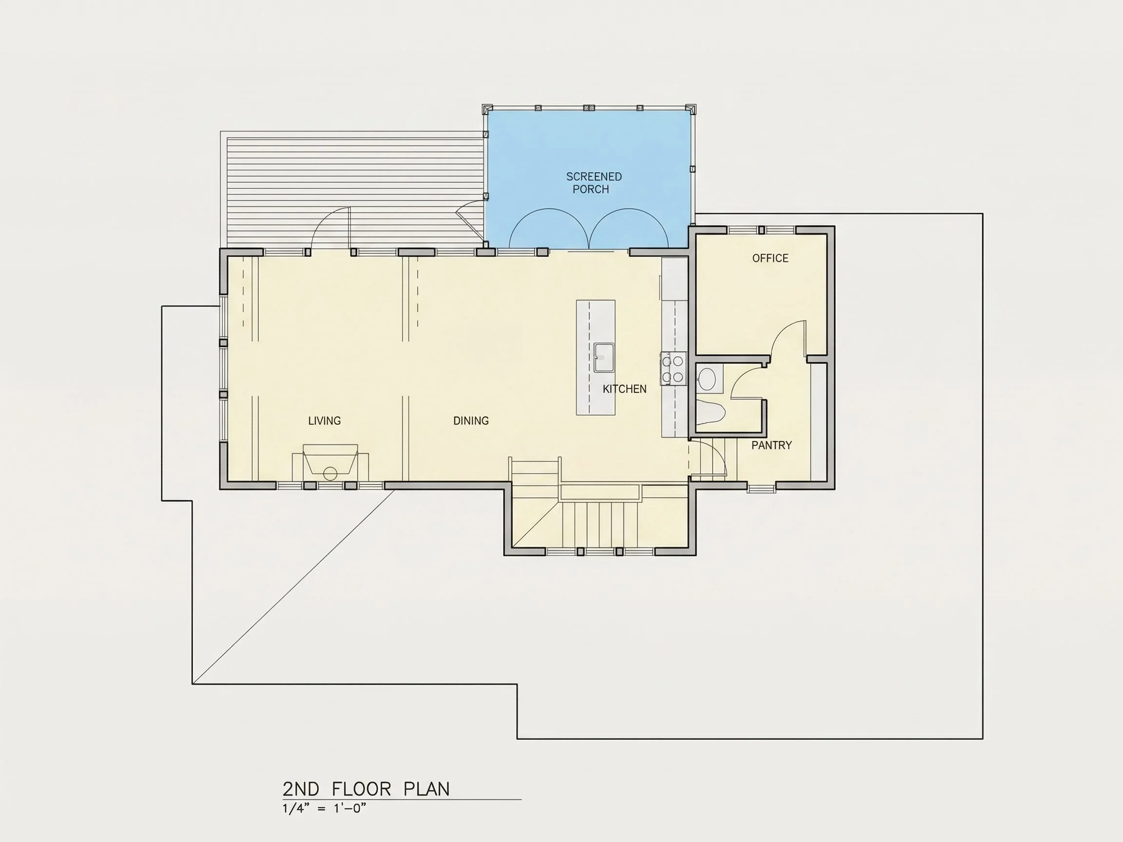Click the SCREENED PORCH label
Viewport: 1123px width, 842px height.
[x=594, y=183]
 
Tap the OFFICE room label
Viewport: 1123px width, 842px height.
[x=770, y=258]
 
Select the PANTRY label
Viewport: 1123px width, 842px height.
[x=771, y=445]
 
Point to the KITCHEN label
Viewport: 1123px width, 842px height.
[x=624, y=389]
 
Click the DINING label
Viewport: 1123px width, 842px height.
[x=471, y=421]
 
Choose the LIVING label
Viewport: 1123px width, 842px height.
[x=325, y=421]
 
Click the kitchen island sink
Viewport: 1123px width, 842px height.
[x=604, y=357]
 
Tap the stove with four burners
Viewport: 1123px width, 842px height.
[x=673, y=368]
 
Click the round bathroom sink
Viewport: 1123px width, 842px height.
[x=706, y=378]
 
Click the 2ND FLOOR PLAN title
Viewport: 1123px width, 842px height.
[x=366, y=789]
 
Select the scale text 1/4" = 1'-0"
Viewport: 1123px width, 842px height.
[x=324, y=808]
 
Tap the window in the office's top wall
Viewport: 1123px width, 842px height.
[x=761, y=230]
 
